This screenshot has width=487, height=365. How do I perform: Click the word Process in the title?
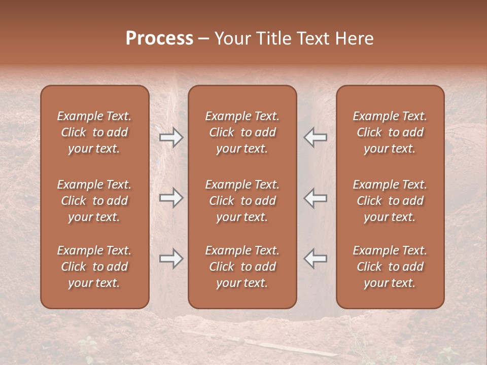click(159, 39)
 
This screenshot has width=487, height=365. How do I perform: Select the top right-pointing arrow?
click(171, 137)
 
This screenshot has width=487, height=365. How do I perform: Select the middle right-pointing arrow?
click(171, 198)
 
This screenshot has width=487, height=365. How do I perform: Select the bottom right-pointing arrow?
click(171, 259)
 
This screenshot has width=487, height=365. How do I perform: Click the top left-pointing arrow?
click(315, 137)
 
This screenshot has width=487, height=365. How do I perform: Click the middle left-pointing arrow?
click(315, 198)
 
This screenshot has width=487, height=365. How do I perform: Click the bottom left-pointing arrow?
click(315, 259)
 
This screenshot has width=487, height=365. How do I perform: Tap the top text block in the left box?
click(94, 132)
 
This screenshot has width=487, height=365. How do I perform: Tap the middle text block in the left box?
click(94, 201)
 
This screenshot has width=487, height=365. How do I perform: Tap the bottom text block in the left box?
click(94, 267)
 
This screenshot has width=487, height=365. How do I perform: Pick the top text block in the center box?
click(242, 132)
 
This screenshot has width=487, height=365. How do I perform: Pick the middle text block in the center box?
click(242, 201)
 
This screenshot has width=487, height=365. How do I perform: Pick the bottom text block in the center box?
click(242, 267)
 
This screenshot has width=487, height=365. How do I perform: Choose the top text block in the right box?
click(390, 132)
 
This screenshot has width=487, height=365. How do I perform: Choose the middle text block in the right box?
click(390, 201)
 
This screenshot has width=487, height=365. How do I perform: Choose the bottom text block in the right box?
click(390, 267)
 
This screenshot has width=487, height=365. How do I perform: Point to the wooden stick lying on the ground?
click(284, 347)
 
